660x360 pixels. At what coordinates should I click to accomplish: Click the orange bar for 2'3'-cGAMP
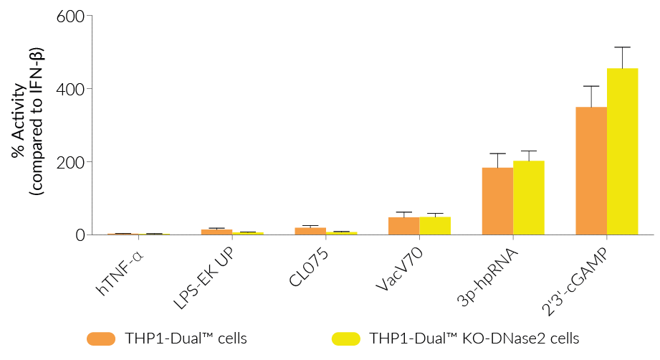(591, 171)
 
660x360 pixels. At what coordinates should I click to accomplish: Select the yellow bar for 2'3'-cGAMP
(622, 151)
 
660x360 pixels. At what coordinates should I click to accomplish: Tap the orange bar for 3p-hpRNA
(497, 201)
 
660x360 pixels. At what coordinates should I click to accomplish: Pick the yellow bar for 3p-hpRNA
(528, 197)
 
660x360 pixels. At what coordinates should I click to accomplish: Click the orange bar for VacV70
(404, 226)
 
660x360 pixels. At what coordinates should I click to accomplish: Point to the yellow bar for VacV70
(435, 226)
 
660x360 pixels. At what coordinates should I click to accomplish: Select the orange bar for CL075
(310, 231)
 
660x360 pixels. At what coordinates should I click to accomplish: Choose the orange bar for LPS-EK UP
(216, 232)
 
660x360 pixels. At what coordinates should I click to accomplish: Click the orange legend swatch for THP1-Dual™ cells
(100, 338)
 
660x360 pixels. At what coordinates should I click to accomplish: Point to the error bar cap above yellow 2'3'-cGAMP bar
(622, 47)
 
